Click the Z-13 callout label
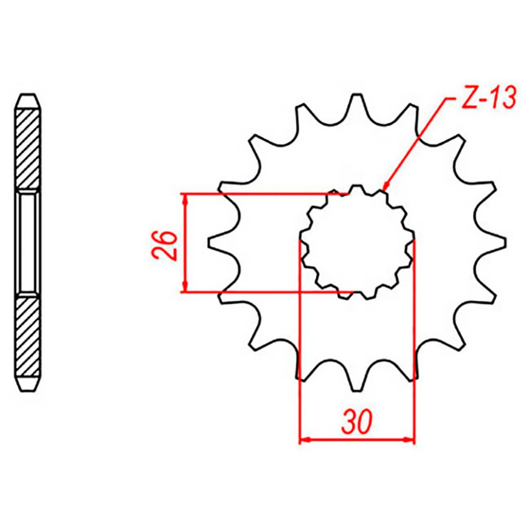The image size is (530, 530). click(488, 98)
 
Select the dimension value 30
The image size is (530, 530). click(357, 422)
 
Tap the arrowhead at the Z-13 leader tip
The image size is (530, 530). click(385, 187)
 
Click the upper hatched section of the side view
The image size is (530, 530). click(28, 149)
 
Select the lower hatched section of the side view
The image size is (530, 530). click(28, 337)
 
